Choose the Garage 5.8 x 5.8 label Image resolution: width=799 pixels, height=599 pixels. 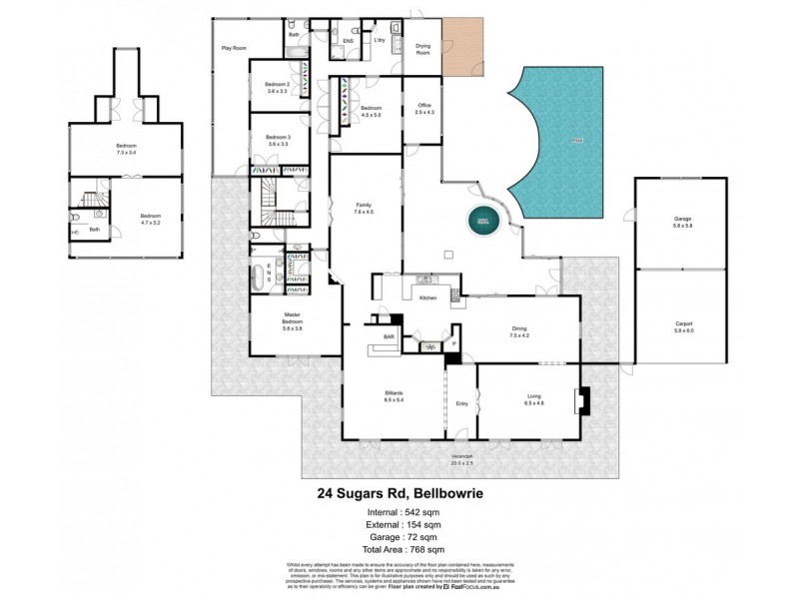pyautogui.click(x=682, y=222)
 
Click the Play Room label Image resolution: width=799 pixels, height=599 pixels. pyautogui.click(x=234, y=47)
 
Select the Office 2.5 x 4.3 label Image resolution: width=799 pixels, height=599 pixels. pyautogui.click(x=424, y=110)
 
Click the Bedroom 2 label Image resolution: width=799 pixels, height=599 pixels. pyautogui.click(x=277, y=88)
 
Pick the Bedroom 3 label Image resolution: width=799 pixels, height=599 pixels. pyautogui.click(x=277, y=140)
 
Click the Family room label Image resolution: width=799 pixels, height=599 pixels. pyautogui.click(x=363, y=209)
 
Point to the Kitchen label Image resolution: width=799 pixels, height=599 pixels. pyautogui.click(x=428, y=299)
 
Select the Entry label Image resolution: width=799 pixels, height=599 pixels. pyautogui.click(x=461, y=403)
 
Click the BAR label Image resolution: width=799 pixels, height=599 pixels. pyautogui.click(x=390, y=337)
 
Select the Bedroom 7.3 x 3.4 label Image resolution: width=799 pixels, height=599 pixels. pyautogui.click(x=125, y=150)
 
